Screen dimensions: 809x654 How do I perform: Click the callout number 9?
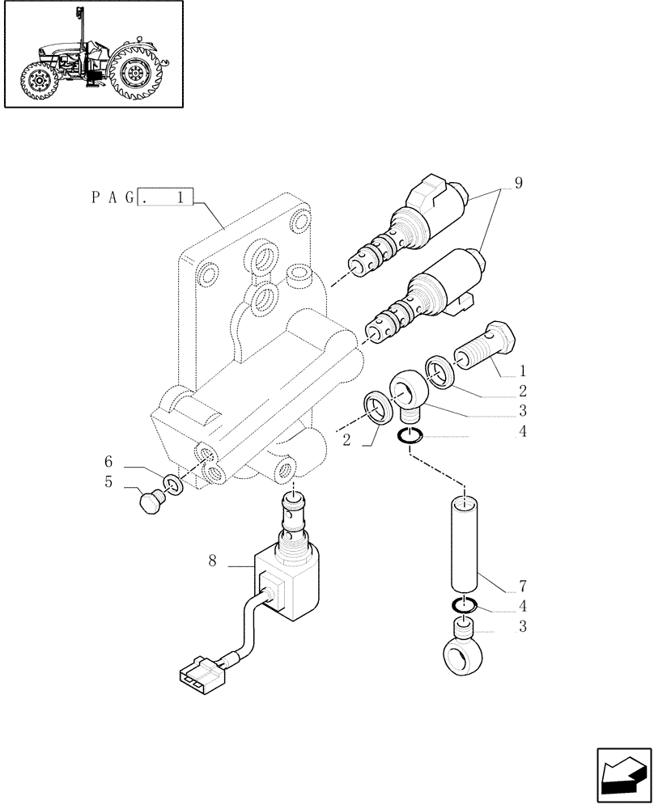[x=518, y=183]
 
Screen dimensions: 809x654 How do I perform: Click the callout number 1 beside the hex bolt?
[x=523, y=371]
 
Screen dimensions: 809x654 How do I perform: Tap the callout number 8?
[x=212, y=560]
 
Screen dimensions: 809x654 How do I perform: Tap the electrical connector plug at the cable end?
[x=199, y=675]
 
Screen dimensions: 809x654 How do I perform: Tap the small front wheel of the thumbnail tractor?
[x=37, y=82]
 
